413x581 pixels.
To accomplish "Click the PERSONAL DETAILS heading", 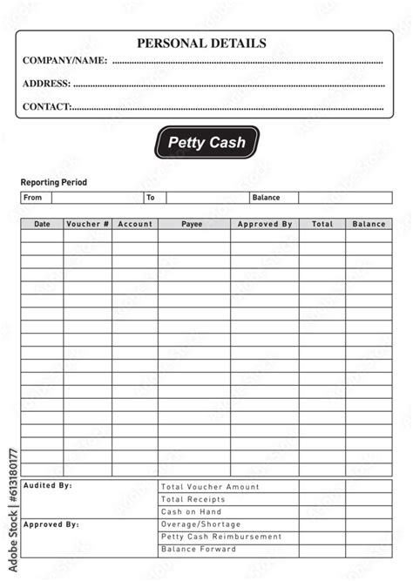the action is [201, 44].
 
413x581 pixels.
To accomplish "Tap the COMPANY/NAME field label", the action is [64, 61].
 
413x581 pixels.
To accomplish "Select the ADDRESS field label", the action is [46, 84].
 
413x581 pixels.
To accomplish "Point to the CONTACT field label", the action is [46, 106].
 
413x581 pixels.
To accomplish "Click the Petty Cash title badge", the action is [206, 142].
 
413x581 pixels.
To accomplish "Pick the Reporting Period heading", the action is [54, 183].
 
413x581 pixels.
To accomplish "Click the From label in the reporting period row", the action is [32, 198].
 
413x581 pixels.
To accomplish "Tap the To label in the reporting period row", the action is [150, 198].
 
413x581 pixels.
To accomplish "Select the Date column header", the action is [42, 224].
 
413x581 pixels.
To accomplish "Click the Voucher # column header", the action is [87, 224].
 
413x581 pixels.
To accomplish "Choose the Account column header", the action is [135, 224].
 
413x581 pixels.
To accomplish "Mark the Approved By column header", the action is [265, 224].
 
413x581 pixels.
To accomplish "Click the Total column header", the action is [322, 224].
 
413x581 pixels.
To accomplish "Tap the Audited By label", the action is [48, 485].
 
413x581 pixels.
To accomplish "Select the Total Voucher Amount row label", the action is [210, 487].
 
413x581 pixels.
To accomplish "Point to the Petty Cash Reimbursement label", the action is [221, 537].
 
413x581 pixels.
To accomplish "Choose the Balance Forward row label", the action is [199, 550].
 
